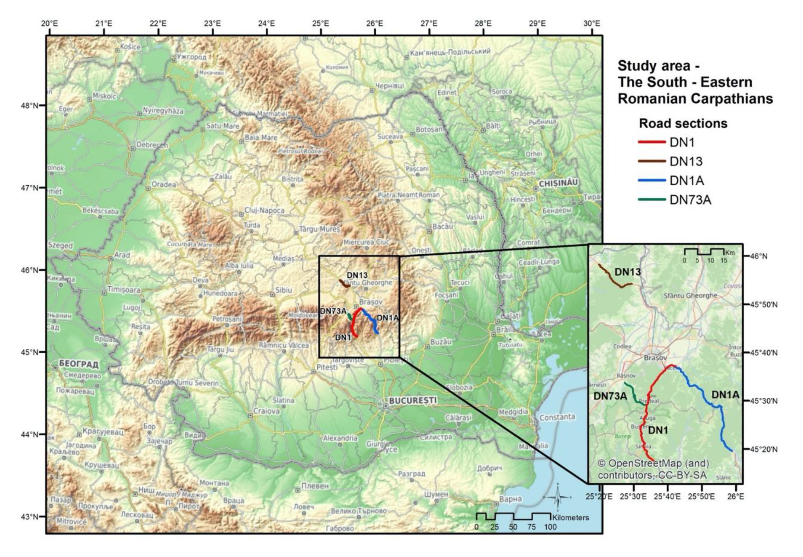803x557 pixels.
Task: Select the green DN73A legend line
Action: pyautogui.click(x=651, y=200)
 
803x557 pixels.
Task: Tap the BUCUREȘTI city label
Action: pyautogui.click(x=413, y=400)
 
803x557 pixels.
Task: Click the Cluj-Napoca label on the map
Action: pyautogui.click(x=264, y=211)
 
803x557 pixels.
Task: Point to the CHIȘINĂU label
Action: pyautogui.click(x=558, y=183)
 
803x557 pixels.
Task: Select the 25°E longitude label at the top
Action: pyautogui.click(x=320, y=24)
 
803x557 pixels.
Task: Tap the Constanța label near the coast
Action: pyautogui.click(x=557, y=417)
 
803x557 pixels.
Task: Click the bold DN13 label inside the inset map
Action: pyautogui.click(x=627, y=272)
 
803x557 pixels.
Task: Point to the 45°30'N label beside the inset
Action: pyautogui.click(x=764, y=401)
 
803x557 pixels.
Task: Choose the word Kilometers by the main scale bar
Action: pyautogui.click(x=570, y=517)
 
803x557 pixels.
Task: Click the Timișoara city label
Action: pyautogui.click(x=123, y=290)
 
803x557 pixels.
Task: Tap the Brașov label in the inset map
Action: pyautogui.click(x=655, y=358)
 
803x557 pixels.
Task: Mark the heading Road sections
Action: pyautogui.click(x=683, y=123)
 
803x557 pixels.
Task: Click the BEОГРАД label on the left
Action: pyautogui.click(x=79, y=364)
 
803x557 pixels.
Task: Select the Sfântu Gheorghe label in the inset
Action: pyautogui.click(x=690, y=296)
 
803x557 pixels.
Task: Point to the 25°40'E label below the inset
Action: pyautogui.click(x=667, y=496)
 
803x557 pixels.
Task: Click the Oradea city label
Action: pyautogui.click(x=164, y=184)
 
